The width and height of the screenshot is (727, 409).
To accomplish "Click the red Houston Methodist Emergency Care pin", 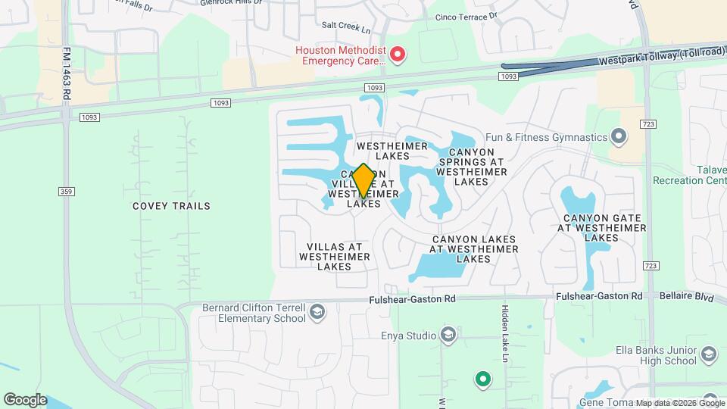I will (398, 55).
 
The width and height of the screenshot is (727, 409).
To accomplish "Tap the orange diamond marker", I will (363, 181).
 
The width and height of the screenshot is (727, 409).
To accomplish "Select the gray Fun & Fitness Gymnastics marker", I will (619, 137).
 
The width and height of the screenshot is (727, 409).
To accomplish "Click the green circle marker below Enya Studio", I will (482, 378).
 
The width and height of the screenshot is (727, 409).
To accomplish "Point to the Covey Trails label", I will (171, 206).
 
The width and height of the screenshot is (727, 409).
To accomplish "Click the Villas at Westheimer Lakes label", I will (334, 256).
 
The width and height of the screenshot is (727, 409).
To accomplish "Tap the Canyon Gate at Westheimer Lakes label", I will (603, 227).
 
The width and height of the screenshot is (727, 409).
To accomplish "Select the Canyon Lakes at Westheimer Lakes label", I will (473, 248).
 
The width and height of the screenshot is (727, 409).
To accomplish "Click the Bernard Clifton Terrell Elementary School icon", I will (318, 312).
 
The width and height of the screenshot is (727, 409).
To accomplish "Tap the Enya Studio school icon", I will (448, 336).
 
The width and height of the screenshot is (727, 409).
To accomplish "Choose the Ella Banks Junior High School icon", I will (708, 354).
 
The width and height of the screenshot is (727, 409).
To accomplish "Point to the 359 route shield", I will (67, 192).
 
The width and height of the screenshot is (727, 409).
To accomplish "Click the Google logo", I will (25, 400).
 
